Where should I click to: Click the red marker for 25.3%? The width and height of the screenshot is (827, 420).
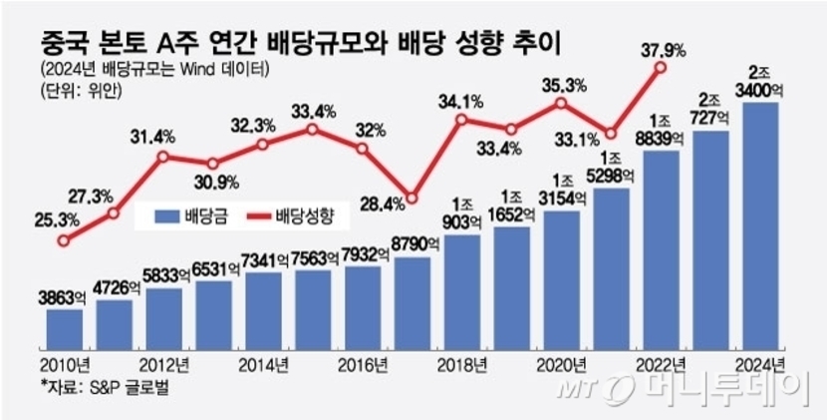(x=65, y=240)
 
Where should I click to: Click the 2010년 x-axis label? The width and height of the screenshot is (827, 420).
(x=68, y=363)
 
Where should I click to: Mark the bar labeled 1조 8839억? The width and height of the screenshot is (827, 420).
(x=663, y=249)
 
